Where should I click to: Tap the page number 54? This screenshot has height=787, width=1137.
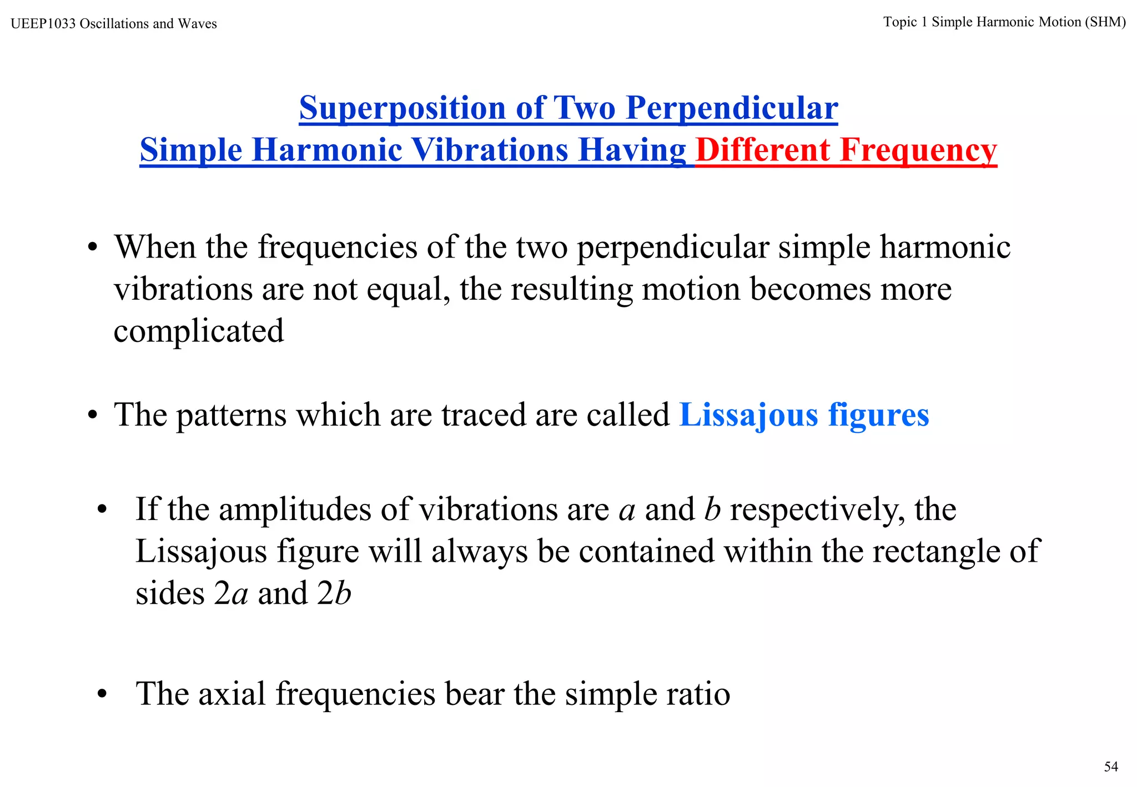[1111, 766]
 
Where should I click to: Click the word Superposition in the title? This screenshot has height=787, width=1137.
[402, 108]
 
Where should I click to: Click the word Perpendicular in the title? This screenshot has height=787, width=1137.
[732, 108]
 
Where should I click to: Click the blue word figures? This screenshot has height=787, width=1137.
[878, 415]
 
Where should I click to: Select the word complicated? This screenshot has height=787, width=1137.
[199, 331]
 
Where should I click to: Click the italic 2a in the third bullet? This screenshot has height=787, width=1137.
[231, 593]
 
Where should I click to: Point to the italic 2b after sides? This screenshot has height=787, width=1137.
[334, 593]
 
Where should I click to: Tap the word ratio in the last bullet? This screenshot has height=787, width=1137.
[703, 694]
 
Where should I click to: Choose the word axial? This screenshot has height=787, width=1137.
[232, 694]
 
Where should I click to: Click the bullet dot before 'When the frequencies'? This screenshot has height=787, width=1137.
[92, 247]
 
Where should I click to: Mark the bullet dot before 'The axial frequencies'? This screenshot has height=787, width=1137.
[101, 694]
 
